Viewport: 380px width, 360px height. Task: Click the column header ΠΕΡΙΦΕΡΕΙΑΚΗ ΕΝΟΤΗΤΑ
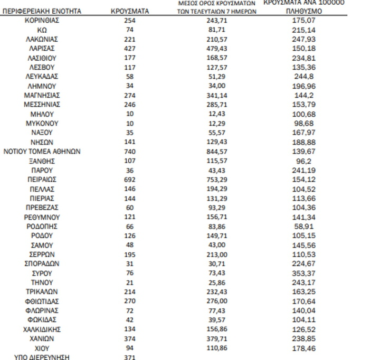(x=42, y=11)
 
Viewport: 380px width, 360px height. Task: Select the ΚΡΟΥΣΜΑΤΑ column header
(x=130, y=11)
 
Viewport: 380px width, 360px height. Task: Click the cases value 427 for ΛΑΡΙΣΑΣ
(x=130, y=49)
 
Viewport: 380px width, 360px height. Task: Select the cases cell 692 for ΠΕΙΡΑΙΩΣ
(x=130, y=179)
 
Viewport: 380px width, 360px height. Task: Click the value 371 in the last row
(x=130, y=357)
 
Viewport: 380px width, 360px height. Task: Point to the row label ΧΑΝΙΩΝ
(x=42, y=338)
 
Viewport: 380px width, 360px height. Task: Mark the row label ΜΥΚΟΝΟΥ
(x=42, y=124)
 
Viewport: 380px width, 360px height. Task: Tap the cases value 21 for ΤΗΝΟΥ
(x=130, y=282)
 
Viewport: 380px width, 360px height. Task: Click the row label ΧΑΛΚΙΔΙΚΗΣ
(x=42, y=329)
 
